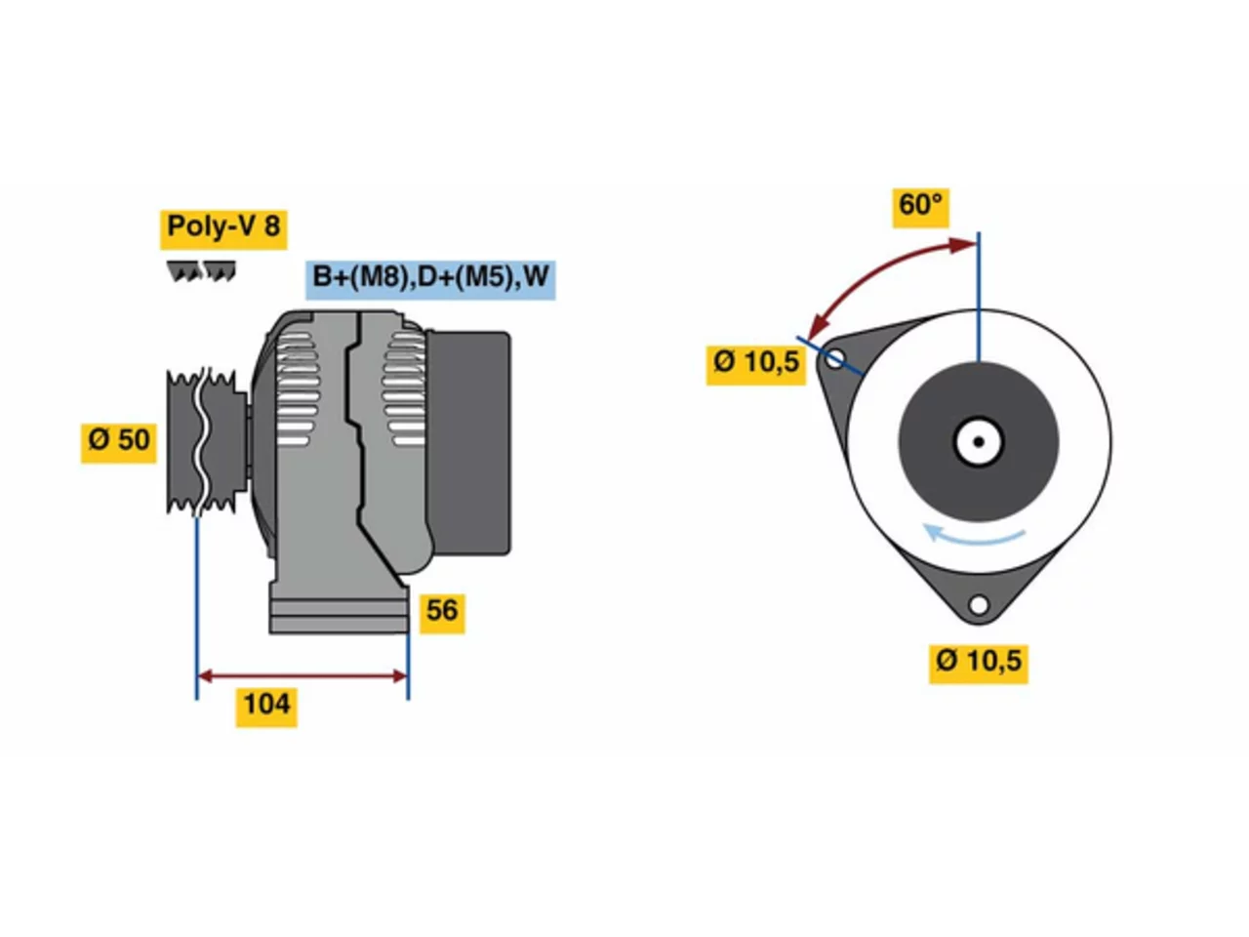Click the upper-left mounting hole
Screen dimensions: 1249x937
click(834, 359)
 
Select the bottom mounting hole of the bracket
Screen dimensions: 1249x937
click(978, 604)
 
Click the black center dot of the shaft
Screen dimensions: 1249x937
click(979, 441)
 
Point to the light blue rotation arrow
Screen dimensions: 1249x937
click(973, 537)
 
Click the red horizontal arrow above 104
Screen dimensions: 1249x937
click(302, 675)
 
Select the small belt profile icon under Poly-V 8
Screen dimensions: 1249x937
click(201, 271)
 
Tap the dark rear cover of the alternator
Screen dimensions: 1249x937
click(468, 442)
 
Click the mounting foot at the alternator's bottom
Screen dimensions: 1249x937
click(340, 608)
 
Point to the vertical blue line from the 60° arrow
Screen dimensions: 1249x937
click(979, 297)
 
